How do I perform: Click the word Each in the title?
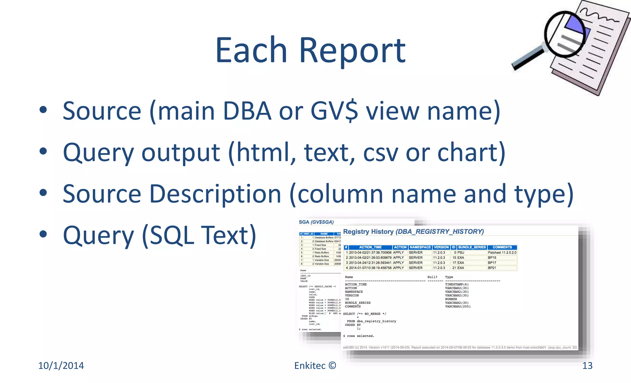point(251,50)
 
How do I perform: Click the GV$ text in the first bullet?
point(334,111)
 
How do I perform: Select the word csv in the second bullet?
point(381,152)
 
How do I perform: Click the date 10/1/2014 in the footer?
point(61,365)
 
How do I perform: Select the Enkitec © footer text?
point(315,365)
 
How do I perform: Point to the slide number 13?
point(587,365)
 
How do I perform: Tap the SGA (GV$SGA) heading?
point(316,222)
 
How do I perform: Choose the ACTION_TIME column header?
point(370,247)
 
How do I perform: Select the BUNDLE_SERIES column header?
point(472,247)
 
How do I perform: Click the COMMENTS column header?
point(502,247)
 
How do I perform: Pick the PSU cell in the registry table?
point(461,253)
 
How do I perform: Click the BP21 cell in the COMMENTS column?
point(492,268)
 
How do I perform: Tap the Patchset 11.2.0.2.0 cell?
point(502,253)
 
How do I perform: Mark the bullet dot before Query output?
point(43,151)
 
